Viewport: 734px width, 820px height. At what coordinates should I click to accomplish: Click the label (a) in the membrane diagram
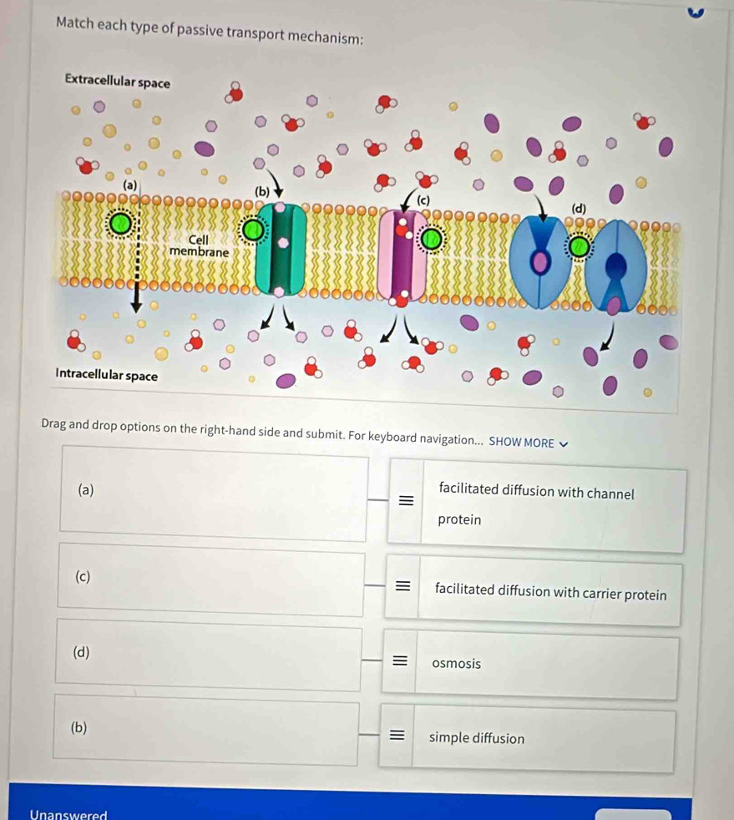[x=129, y=184]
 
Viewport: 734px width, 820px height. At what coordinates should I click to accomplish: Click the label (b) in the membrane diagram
[x=262, y=191]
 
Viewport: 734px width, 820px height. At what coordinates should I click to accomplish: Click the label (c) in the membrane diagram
[x=423, y=200]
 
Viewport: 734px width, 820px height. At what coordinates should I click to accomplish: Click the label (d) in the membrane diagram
[x=579, y=207]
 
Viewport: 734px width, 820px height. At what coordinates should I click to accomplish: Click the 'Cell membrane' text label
[x=198, y=245]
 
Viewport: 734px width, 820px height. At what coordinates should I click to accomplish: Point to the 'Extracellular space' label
[x=117, y=83]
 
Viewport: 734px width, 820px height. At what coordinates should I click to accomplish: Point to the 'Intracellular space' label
[x=107, y=375]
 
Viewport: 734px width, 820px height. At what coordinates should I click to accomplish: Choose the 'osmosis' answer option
[x=456, y=664]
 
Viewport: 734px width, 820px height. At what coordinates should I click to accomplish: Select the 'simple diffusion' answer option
[x=477, y=738]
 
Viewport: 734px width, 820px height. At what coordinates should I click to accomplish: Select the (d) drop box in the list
[x=210, y=655]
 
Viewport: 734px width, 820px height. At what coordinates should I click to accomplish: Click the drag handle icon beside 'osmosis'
[x=399, y=663]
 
